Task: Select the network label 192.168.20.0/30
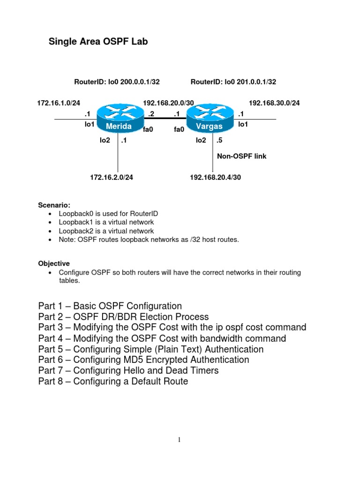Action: point(168,103)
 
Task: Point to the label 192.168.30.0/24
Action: point(274,103)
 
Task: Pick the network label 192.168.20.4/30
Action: point(215,177)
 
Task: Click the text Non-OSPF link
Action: point(241,156)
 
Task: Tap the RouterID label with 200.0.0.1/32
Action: point(117,82)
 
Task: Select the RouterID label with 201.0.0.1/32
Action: point(233,82)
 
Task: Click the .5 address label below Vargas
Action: point(219,140)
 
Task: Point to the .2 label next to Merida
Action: point(151,113)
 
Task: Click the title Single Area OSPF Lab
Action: point(98,42)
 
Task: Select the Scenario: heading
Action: point(54,205)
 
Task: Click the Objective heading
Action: point(54,263)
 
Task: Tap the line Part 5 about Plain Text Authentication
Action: point(151,349)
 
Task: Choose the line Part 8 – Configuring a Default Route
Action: point(113,382)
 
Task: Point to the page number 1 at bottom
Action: point(179,440)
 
